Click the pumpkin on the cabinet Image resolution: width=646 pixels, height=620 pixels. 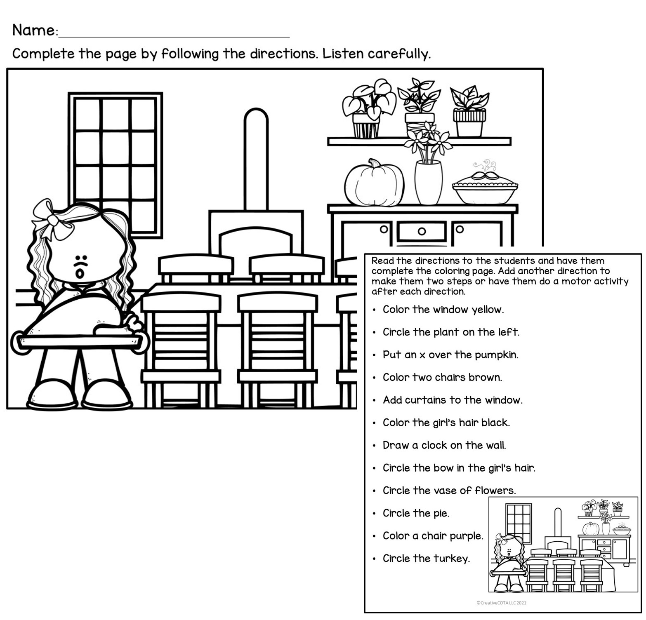tap(374, 183)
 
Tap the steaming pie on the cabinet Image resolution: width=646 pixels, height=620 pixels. tap(485, 189)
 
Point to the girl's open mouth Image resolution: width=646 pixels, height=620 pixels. tap(80, 273)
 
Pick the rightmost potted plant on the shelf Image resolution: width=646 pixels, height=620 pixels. tap(469, 111)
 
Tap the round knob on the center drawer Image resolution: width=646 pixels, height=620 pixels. tap(422, 231)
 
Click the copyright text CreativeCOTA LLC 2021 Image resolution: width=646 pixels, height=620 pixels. tap(501, 603)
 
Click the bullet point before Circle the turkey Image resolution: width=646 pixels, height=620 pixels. tap(374, 559)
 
